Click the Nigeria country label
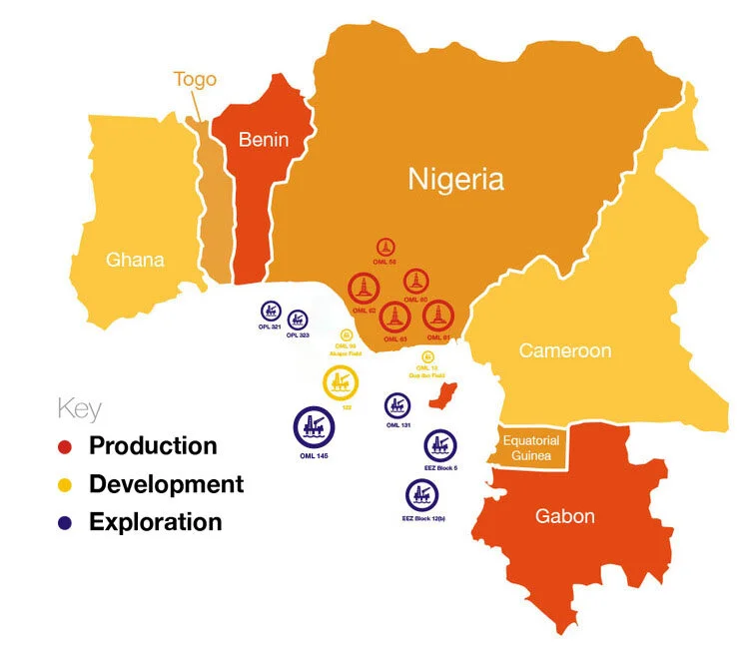(455, 180)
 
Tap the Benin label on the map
(263, 140)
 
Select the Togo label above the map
(195, 80)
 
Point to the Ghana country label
(135, 261)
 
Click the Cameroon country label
(564, 350)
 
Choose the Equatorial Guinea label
(530, 446)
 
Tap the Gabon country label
(564, 516)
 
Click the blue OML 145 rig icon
(314, 426)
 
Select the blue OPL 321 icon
(270, 310)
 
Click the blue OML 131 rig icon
(397, 405)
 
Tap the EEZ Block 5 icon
(440, 445)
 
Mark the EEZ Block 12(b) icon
(422, 494)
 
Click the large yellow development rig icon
(339, 381)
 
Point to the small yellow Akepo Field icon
(347, 335)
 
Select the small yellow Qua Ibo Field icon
(428, 356)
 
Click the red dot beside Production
(66, 446)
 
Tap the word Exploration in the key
(155, 521)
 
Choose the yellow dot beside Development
(66, 484)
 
